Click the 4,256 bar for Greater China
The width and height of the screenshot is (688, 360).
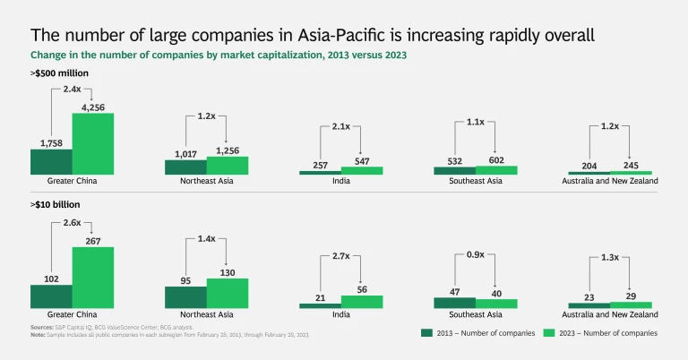[x=93, y=143]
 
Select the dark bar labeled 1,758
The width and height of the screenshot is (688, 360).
[x=51, y=161]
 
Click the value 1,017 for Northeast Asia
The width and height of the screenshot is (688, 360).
[x=185, y=153]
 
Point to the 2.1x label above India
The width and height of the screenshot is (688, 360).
[x=341, y=126]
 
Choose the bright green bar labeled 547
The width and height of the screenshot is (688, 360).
[x=362, y=170]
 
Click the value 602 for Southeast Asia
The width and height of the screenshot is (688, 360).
[x=496, y=160]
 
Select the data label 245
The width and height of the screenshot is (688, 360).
[x=632, y=165]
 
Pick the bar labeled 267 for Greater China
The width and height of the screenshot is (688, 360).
[x=93, y=278]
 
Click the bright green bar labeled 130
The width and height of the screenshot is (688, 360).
[x=228, y=293]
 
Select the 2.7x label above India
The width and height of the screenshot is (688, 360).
[x=341, y=255]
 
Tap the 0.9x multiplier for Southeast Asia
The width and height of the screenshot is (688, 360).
[x=476, y=254]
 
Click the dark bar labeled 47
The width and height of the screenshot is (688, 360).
[x=454, y=303]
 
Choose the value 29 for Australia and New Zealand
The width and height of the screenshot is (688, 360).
[x=632, y=296]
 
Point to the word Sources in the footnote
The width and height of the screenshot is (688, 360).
[x=42, y=327]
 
